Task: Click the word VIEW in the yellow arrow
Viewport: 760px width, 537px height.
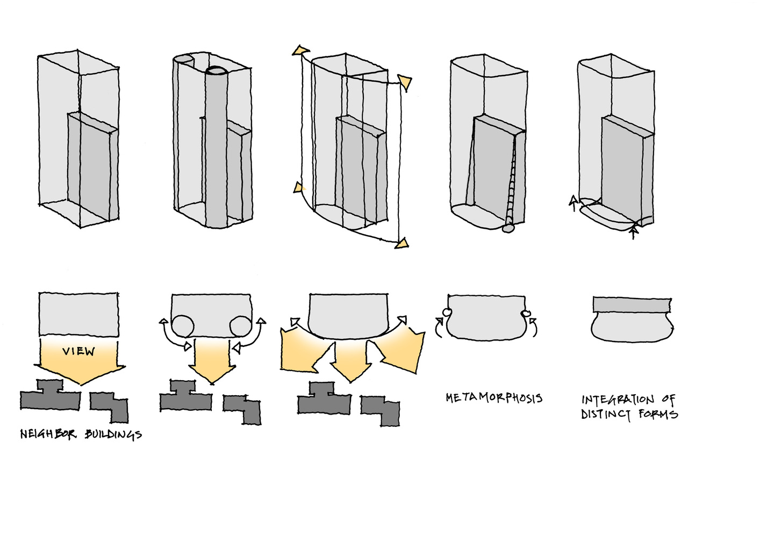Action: click(78, 351)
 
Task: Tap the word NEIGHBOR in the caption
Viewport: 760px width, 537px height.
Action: click(48, 434)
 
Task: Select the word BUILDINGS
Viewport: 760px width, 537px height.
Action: click(113, 434)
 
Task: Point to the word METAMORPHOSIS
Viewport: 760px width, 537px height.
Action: click(493, 398)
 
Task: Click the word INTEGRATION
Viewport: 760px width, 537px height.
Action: click(618, 400)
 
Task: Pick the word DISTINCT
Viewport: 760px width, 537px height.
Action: click(606, 415)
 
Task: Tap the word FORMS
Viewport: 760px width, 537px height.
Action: click(658, 414)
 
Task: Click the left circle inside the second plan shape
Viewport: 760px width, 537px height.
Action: click(182, 325)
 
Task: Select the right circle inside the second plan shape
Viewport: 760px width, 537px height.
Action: click(240, 325)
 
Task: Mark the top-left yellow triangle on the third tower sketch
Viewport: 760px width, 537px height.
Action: click(299, 50)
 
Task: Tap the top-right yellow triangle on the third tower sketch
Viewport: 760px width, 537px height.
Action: click(405, 82)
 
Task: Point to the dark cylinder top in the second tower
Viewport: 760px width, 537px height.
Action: click(218, 70)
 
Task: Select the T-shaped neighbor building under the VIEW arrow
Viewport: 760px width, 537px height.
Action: click(50, 396)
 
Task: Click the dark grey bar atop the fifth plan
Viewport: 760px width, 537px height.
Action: click(632, 304)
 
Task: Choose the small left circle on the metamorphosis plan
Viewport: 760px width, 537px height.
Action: click(446, 313)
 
